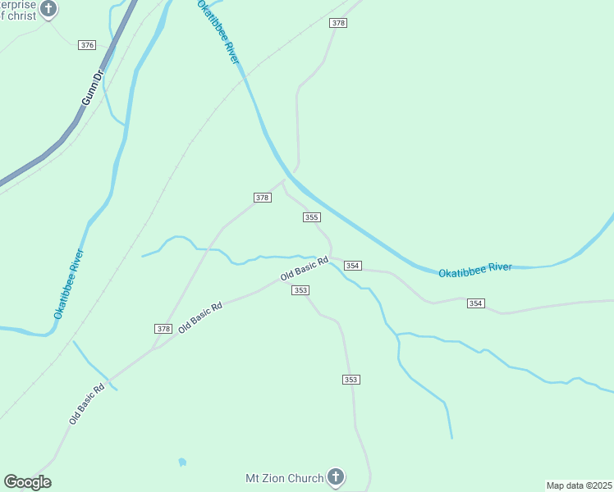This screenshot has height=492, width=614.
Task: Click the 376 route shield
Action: tap(87, 44)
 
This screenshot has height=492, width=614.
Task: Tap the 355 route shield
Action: tap(311, 217)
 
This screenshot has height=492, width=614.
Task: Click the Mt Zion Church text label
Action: tap(284, 477)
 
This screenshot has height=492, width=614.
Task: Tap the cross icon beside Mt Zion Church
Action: tap(335, 476)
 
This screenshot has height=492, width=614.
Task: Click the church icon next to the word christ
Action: tap(49, 9)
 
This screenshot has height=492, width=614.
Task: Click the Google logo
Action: tap(27, 482)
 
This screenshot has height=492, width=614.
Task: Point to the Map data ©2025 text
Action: tap(579, 485)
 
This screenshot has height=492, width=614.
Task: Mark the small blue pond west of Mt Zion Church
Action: tap(181, 462)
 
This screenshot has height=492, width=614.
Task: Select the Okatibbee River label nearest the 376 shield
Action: tap(218, 32)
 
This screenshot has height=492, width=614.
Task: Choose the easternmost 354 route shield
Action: tap(475, 303)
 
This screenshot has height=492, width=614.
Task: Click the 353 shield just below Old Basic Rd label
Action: tap(301, 290)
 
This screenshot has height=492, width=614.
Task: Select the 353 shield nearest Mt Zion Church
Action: tap(351, 380)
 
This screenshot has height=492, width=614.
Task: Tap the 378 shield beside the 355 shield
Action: tap(262, 198)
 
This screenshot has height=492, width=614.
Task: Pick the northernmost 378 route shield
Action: tap(338, 23)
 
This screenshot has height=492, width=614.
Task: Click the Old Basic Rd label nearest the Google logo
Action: tap(87, 403)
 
